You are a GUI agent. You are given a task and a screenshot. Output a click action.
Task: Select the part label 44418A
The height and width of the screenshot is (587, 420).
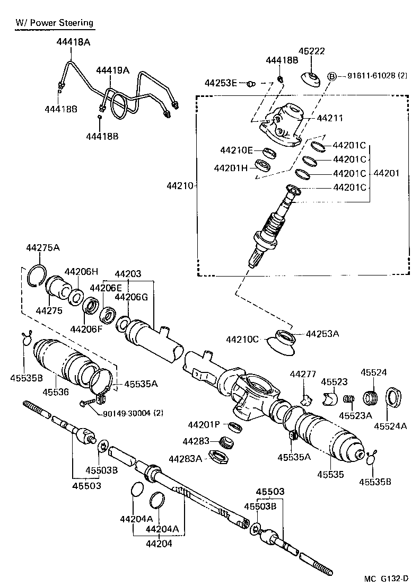click(72, 41)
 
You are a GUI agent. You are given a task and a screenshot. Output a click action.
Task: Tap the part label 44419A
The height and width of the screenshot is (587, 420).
click(112, 70)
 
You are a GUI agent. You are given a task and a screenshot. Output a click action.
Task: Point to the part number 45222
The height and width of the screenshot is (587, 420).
click(311, 51)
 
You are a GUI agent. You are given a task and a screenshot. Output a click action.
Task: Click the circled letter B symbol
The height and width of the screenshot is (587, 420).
click(332, 76)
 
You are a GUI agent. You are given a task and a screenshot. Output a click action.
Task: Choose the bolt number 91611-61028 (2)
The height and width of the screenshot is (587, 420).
click(377, 76)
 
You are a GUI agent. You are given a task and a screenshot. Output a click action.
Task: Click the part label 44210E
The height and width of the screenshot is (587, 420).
click(237, 150)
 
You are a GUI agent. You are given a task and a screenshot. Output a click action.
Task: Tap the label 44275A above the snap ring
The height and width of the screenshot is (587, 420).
click(43, 247)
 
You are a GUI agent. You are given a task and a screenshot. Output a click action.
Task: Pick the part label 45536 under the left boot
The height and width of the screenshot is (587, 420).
click(56, 392)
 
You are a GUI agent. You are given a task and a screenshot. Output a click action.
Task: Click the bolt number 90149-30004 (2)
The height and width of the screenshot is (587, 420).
click(127, 413)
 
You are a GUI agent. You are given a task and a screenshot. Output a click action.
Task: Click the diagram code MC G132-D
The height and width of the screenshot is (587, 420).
click(387, 578)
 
